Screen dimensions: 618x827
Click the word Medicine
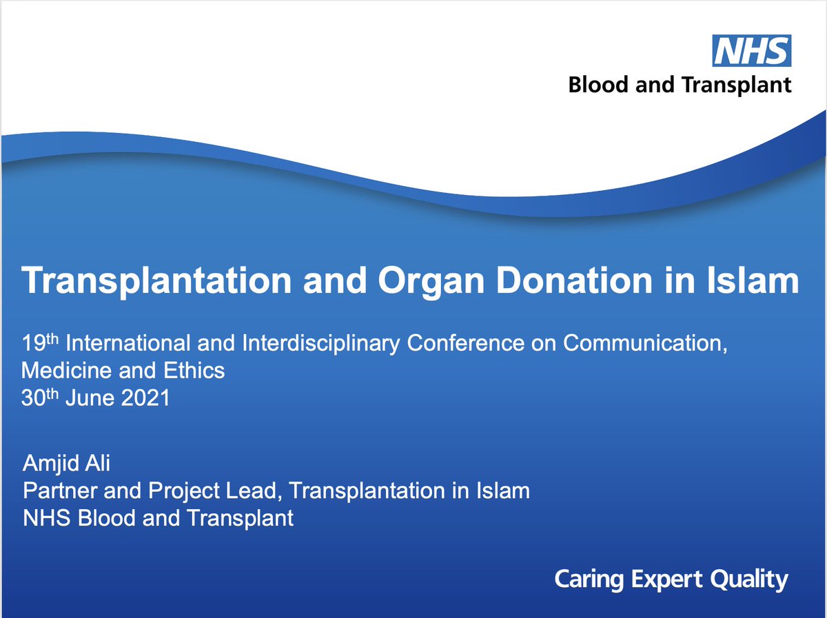tap(64, 371)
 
